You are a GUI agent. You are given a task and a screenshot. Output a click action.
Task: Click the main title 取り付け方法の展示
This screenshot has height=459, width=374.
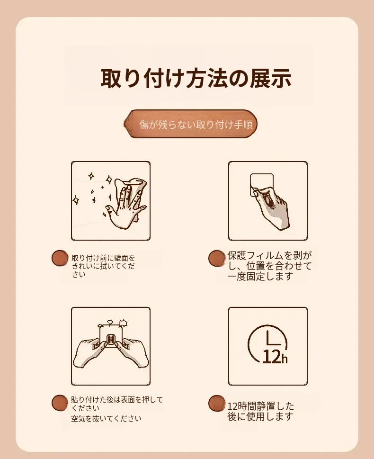[x=196, y=79]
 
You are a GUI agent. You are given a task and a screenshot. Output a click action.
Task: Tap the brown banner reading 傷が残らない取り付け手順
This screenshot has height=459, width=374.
[x=191, y=124]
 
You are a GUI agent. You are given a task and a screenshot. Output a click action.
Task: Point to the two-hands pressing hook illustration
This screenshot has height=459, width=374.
[x=111, y=346]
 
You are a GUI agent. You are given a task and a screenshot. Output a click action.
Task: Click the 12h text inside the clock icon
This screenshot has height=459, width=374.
[x=275, y=357]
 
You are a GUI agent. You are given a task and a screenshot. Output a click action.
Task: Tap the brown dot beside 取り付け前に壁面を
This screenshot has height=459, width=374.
[x=60, y=258]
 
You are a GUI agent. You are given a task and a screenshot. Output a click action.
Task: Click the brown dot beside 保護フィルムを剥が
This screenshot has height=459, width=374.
[x=217, y=258]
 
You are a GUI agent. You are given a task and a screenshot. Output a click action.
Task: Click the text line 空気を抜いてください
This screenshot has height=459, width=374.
[x=106, y=419]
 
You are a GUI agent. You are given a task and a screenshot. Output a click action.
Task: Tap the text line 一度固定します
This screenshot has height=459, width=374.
[x=260, y=276]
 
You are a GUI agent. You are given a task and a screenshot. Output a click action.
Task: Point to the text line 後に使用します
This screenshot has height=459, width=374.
[x=260, y=416]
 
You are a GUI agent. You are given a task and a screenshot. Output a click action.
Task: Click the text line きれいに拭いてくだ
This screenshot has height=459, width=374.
[x=103, y=266]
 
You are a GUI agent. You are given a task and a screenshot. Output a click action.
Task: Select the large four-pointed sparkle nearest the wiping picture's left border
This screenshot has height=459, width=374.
[x=76, y=200]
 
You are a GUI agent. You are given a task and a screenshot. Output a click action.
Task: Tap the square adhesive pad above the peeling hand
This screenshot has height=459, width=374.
[x=262, y=183]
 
